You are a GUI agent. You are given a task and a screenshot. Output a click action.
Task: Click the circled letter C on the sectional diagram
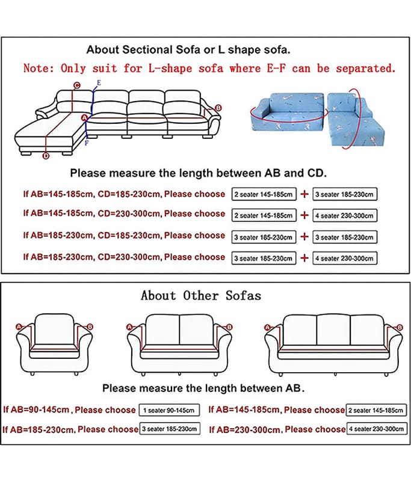tap(77, 85)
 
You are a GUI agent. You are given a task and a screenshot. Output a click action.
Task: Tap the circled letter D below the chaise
tap(46, 156)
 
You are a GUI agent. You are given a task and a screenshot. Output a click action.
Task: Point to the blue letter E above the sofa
tap(99, 83)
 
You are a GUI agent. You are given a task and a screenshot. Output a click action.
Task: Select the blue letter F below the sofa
tap(87, 142)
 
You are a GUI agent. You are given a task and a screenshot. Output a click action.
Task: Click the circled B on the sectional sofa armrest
tap(218, 108)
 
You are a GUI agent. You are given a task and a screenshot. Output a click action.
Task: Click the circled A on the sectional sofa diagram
tap(84, 118)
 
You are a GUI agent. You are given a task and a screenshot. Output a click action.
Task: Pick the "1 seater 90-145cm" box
tap(169, 410)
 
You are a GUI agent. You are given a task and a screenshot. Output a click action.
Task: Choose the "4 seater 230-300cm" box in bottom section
tap(377, 429)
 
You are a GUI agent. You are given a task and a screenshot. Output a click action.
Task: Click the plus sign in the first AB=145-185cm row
tap(304, 194)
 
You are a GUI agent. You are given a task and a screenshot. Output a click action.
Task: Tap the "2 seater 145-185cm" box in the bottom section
tap(376, 410)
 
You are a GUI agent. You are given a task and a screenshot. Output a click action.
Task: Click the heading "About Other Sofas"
tap(201, 296)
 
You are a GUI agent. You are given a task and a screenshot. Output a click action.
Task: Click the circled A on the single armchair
tap(19, 327)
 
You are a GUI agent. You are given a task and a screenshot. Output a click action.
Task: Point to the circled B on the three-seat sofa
tap(400, 328)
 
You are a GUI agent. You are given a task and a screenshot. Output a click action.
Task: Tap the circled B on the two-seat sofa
tap(229, 327)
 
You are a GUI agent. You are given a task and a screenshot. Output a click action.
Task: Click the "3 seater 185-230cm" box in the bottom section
tap(170, 429)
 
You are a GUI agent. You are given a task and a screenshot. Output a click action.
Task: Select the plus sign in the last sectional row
tap(304, 259)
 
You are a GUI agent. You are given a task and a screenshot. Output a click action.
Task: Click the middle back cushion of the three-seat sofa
tap(333, 330)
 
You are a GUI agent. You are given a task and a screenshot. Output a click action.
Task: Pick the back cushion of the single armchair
tap(54, 329)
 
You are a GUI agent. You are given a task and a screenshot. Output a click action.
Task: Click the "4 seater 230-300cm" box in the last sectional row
tap(345, 259)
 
